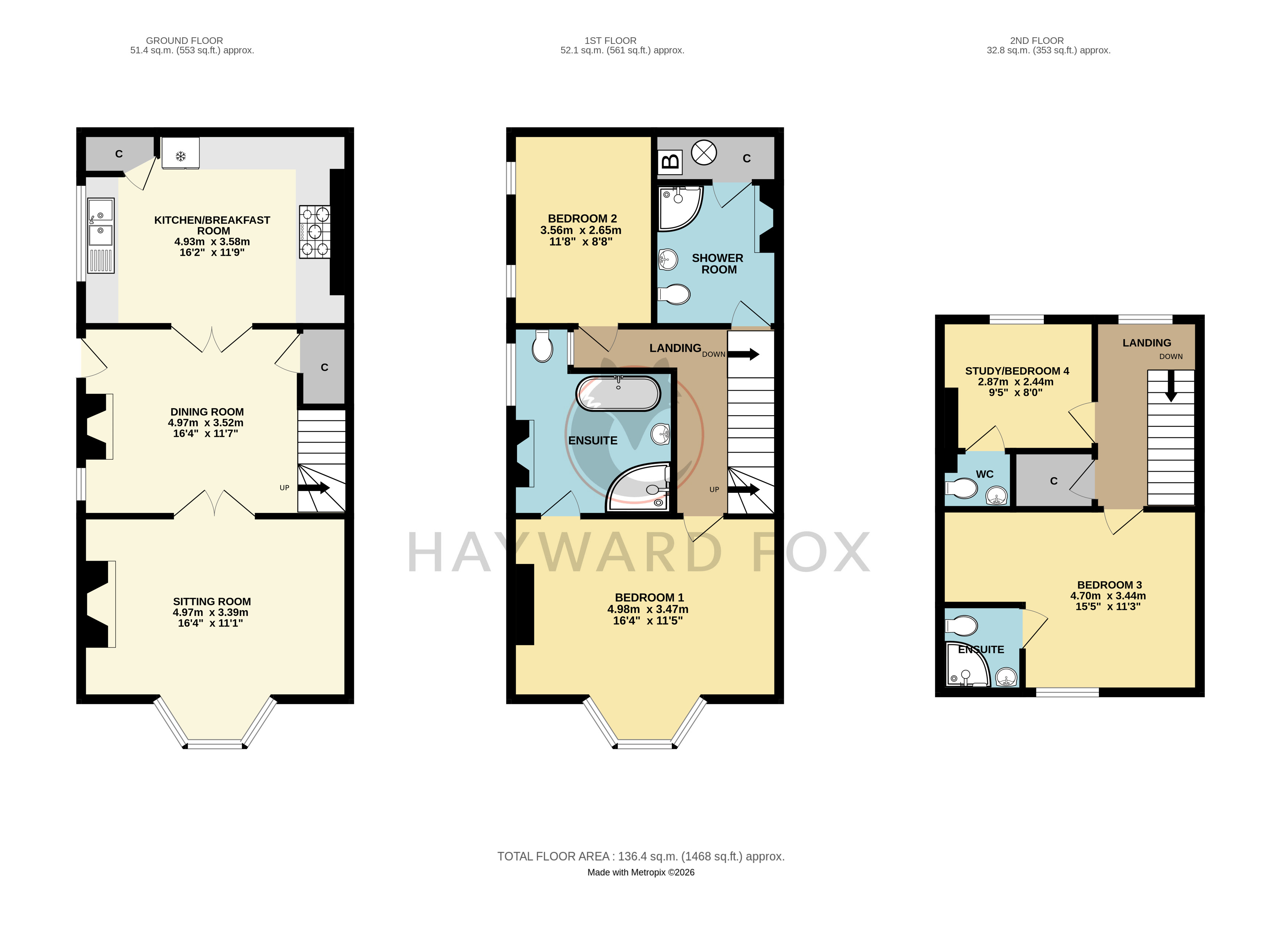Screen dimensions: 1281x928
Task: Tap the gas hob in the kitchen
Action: pos(315,231)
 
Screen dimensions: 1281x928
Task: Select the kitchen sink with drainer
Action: pos(100,235)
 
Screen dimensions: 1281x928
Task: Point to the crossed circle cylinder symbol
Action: pos(704,153)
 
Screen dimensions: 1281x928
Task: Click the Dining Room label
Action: pos(206,422)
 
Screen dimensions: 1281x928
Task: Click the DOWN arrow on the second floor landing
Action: pos(1171,386)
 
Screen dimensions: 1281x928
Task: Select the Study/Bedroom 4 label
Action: pos(1017,381)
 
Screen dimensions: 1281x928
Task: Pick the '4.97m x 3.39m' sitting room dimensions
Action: pos(211,612)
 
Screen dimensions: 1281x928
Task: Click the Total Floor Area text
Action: pos(640,856)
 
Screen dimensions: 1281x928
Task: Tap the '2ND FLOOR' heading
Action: pos(1036,41)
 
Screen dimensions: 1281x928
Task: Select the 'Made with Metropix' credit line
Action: pos(640,872)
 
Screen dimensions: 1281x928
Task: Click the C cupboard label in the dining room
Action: pos(324,367)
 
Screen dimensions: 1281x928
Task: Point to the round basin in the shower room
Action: pos(668,260)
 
